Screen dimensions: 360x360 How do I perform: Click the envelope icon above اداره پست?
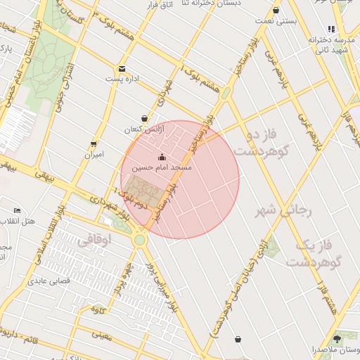[x=122, y=69]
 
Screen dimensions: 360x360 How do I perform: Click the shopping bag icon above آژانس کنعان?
[x=144, y=119]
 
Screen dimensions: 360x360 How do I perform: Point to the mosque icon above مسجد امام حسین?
[x=162, y=157]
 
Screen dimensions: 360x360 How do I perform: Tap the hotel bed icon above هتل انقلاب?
[x=18, y=211]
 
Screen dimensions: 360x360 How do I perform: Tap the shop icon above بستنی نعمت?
[x=276, y=11]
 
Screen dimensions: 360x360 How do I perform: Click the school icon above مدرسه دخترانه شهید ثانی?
[x=330, y=30]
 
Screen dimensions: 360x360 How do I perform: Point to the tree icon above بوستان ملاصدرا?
[x=337, y=339]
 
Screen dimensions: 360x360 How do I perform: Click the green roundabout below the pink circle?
[x=140, y=240]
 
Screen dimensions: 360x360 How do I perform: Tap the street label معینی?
[x=102, y=335]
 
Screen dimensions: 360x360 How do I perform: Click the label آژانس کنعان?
[x=143, y=129]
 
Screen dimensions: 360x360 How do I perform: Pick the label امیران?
[x=94, y=154]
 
